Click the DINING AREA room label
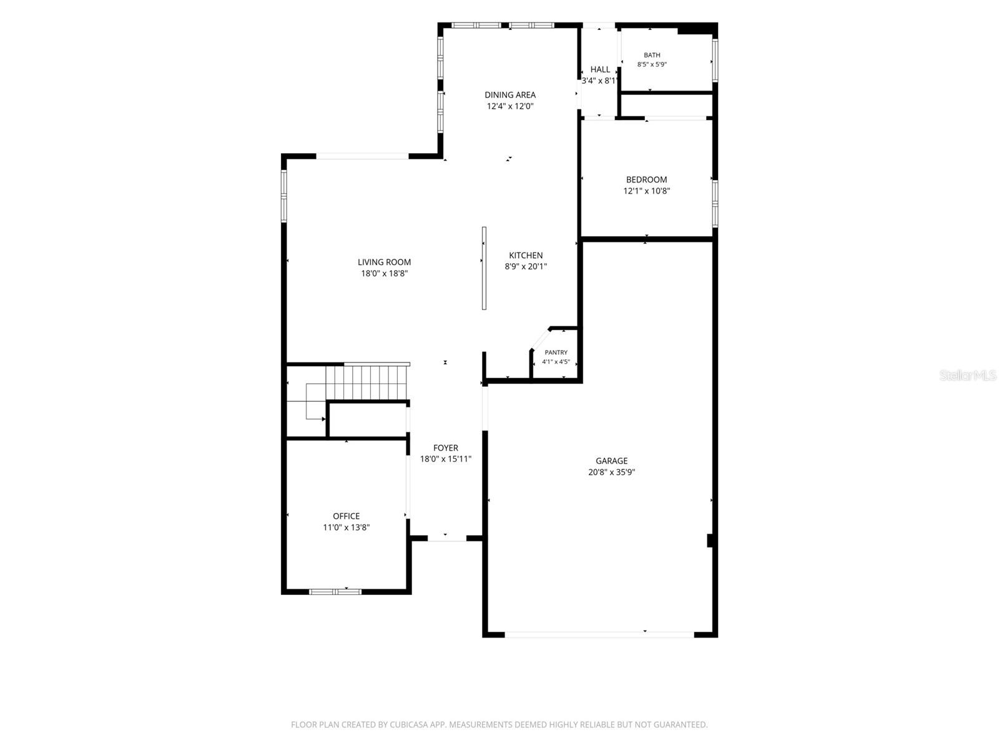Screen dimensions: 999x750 509,95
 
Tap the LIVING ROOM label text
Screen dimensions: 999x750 384,262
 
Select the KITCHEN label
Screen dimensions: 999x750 526,255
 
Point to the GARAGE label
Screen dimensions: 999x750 611,461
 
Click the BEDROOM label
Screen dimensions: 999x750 646,179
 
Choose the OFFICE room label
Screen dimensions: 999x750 346,516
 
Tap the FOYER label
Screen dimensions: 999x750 446,447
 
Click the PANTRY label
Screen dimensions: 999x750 556,352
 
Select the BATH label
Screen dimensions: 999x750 652,55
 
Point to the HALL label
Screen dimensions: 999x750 600,69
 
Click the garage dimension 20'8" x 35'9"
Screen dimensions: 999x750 611,472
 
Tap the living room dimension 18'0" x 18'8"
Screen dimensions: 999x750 384,273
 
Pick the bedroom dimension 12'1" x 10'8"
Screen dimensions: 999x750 646,191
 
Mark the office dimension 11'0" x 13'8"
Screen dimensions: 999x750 346,527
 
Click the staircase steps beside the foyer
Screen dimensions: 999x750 367,382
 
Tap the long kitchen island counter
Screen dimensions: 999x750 484,268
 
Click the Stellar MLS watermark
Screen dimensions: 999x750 968,375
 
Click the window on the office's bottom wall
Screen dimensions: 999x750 335,591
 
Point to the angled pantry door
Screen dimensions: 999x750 540,339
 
